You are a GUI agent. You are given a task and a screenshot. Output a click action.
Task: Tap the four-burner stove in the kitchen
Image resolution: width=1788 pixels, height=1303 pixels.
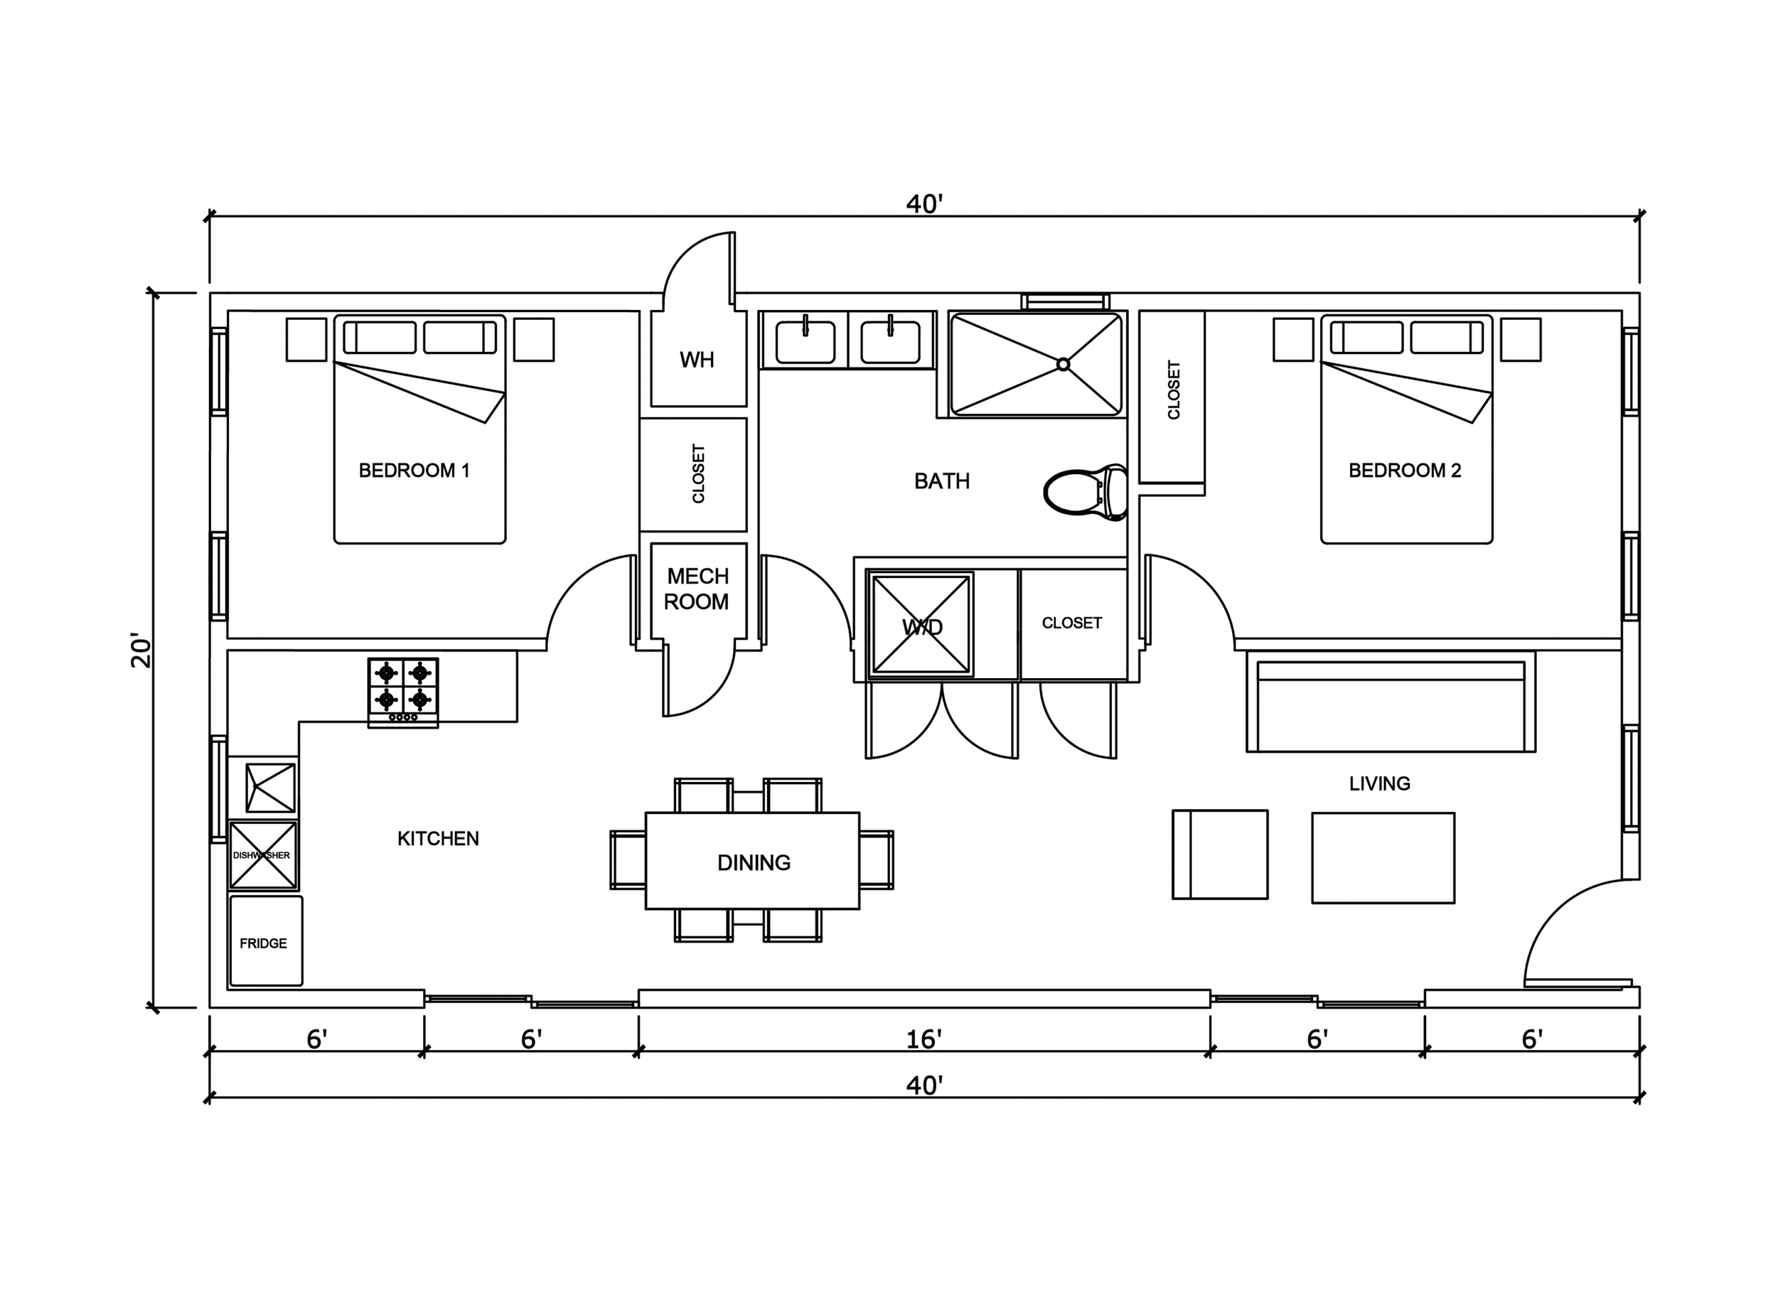[403, 693]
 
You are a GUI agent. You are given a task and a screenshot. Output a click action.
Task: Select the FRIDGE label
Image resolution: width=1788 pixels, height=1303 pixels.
[263, 943]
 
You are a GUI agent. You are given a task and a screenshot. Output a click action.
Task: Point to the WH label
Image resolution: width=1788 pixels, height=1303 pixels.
[697, 360]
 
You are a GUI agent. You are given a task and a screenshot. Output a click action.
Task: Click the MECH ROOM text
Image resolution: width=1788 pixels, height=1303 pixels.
[697, 589]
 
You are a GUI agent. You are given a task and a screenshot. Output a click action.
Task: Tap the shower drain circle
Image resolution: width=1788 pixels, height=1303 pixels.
[1063, 364]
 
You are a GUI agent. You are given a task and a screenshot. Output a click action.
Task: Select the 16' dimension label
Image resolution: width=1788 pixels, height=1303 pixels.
[923, 1040]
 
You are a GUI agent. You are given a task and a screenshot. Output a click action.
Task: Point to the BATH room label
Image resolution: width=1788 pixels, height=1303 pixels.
[941, 481]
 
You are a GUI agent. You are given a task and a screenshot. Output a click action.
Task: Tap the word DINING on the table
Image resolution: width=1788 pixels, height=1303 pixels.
[754, 863]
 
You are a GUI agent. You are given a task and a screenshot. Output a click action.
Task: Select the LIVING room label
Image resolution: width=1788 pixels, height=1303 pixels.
[1379, 784]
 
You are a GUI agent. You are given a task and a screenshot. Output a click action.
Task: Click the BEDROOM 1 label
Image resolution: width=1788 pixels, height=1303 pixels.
[414, 471]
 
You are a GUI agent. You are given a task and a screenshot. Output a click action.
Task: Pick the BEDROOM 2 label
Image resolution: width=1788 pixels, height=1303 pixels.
[1405, 471]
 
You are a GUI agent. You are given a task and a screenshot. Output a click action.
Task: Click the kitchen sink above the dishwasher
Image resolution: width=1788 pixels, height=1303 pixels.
[270, 787]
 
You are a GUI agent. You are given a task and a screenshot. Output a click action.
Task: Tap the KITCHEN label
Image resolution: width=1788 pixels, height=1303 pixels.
[439, 839]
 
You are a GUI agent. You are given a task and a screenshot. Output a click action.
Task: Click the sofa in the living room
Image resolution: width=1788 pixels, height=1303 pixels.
[1391, 702]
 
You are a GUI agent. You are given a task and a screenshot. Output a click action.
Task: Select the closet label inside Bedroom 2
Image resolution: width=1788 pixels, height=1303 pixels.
[1173, 390]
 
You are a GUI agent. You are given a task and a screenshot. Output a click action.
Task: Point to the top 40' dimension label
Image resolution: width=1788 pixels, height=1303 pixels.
[924, 205]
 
